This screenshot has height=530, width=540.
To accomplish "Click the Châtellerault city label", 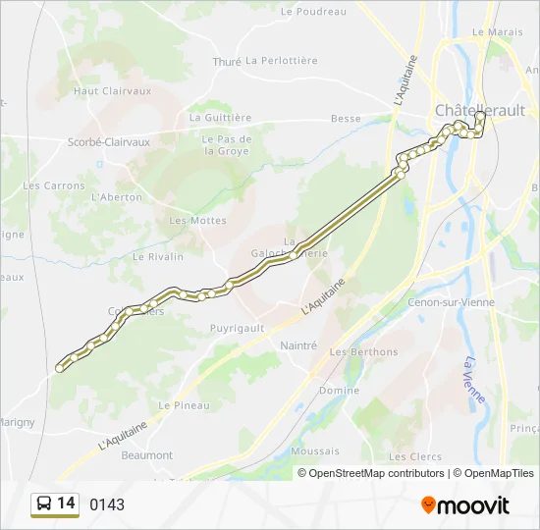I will coord(480,109).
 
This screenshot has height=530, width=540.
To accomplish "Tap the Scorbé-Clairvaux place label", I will coord(109,141).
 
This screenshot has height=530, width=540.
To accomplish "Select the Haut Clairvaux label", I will coord(113,90).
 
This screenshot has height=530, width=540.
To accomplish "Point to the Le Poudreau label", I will coord(313,12).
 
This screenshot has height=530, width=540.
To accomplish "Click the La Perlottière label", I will coord(282,60).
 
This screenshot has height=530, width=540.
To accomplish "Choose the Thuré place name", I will coord(227,61).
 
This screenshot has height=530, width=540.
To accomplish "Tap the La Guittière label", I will coord(221,117).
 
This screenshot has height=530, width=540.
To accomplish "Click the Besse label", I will coord(346,119).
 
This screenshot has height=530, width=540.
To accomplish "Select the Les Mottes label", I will coord(197,221).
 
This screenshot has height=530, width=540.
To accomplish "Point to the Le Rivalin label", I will coord(158,257).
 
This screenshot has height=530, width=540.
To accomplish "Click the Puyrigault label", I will coord(238,329).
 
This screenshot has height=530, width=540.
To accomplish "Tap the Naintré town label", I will coord(298,345).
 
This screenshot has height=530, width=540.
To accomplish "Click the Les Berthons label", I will coord(364,352).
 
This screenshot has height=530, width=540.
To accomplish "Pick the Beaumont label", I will coord(146,455).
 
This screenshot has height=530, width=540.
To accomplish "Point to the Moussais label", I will coord(315,451).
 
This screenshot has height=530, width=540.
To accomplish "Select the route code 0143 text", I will coord(107,504).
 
